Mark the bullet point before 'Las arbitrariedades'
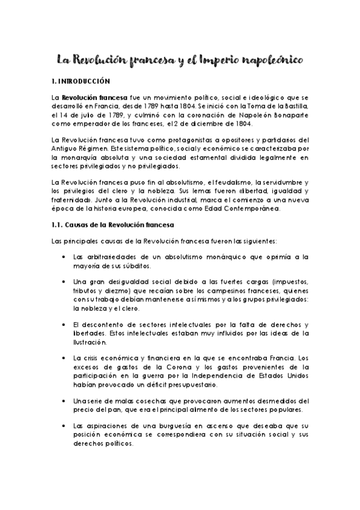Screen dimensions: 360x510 64,257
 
